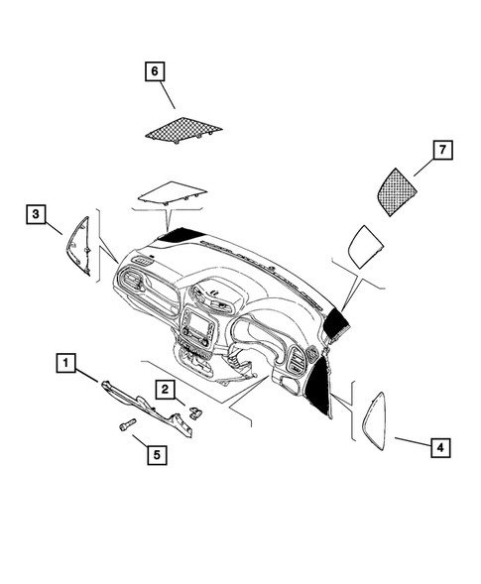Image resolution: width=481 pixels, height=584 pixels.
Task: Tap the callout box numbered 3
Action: coord(35,213)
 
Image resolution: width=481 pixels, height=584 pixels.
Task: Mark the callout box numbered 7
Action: coord(442,151)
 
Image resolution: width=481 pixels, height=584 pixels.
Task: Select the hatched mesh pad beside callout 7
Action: coord(400,186)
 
